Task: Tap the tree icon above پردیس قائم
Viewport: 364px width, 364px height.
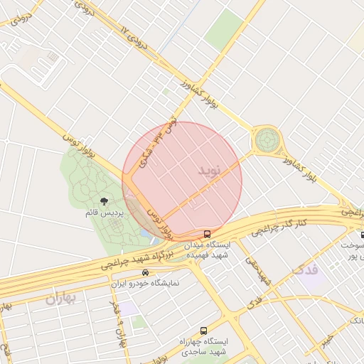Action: (x=105, y=202)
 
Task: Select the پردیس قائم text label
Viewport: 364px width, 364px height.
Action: (x=105, y=213)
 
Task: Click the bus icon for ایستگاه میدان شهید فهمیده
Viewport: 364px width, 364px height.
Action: (x=207, y=233)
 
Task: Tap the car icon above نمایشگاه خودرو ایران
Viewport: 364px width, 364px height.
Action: (x=146, y=272)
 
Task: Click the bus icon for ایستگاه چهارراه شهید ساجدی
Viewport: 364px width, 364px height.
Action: (x=204, y=331)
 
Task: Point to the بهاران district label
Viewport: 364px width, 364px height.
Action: (x=60, y=299)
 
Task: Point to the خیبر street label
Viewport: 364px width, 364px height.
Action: (x=327, y=340)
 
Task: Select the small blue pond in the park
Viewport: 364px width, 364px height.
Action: (x=146, y=232)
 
